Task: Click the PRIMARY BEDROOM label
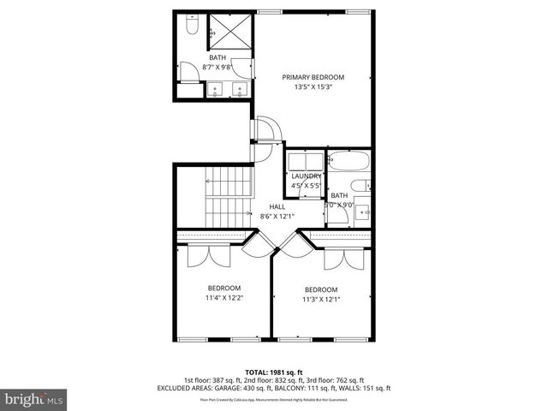313,76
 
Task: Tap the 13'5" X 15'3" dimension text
313,86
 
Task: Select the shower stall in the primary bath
227,32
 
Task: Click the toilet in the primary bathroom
190,30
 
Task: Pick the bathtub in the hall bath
348,161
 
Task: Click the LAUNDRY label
306,176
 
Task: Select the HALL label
277,206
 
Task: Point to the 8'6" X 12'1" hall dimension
277,216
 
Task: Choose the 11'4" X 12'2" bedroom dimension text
223,298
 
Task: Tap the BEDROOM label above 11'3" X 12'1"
321,289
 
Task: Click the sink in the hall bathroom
362,211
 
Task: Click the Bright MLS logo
33,398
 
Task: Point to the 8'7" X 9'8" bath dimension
217,67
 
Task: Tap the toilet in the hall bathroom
363,184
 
